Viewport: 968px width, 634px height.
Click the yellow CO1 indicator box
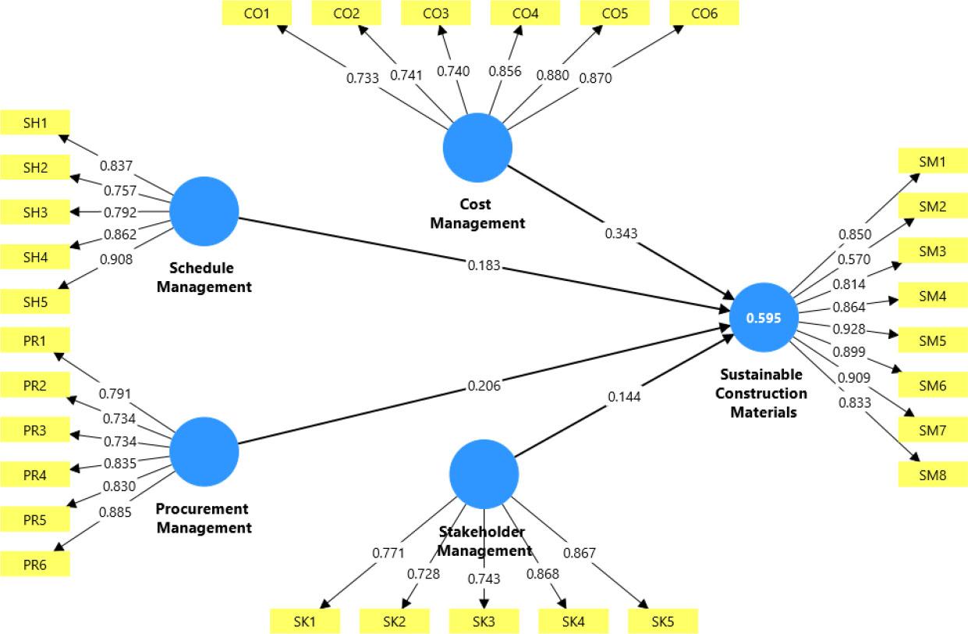pos(257,12)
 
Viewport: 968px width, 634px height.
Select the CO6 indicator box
pos(704,12)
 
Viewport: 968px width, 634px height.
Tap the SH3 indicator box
pos(35,212)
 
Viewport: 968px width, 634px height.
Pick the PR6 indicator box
pos(35,563)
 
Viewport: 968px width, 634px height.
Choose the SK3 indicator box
pos(484,621)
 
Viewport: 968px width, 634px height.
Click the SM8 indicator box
pos(933,474)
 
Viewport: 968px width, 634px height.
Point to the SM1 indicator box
pos(933,162)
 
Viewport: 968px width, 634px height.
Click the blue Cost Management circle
pos(477,148)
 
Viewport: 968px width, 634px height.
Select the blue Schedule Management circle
pos(204,212)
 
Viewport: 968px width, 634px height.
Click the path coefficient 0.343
pos(622,233)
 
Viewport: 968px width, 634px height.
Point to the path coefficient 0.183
pos(484,266)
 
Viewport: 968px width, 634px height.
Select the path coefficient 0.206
pos(484,385)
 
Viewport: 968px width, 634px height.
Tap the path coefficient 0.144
pos(624,397)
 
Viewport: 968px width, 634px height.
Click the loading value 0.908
pos(117,259)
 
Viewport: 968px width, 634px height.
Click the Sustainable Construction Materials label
pos(763,393)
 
